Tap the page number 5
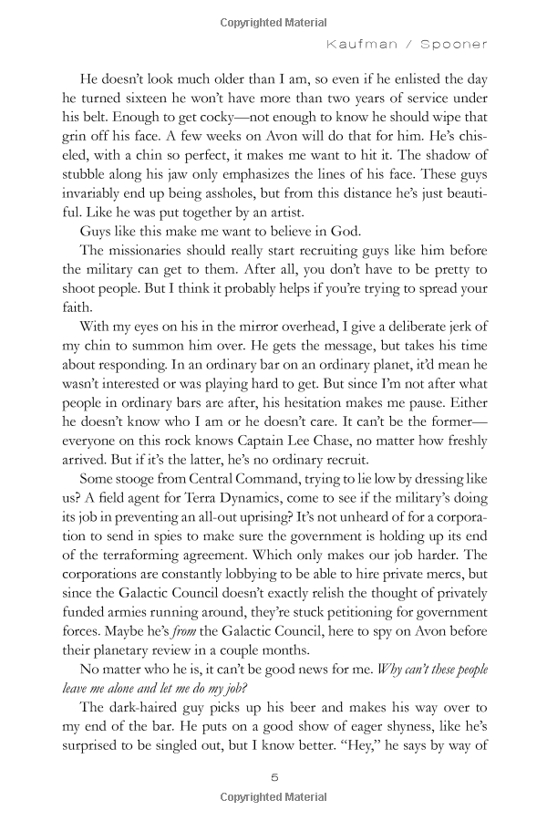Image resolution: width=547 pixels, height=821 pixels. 273,776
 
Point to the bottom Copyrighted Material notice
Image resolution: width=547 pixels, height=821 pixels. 273,798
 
